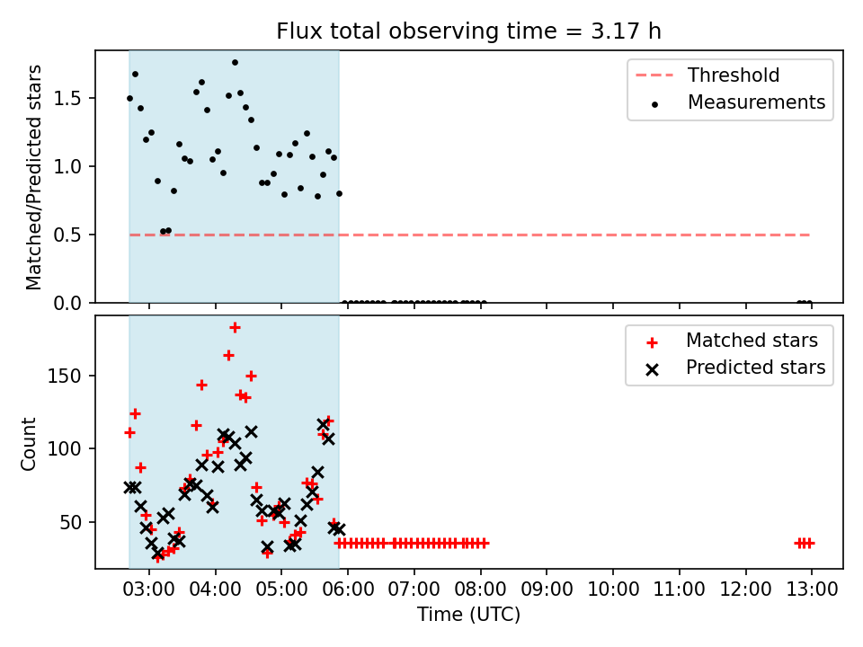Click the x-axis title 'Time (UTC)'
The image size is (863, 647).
click(x=468, y=614)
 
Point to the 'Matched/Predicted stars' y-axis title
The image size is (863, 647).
click(x=33, y=177)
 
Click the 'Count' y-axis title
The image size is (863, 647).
click(x=28, y=444)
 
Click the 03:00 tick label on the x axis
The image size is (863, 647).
click(x=148, y=589)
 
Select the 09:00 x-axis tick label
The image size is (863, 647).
click(x=547, y=589)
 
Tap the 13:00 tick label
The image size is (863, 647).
click(x=812, y=589)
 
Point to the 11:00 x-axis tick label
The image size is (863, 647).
click(x=680, y=589)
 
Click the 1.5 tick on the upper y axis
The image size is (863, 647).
click(x=67, y=99)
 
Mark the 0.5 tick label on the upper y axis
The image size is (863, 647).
click(x=67, y=235)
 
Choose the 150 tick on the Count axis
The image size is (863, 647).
click(x=65, y=377)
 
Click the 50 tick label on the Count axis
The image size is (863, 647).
click(x=70, y=522)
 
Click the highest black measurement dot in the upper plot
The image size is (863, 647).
click(x=235, y=63)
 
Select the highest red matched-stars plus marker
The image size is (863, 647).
click(x=235, y=328)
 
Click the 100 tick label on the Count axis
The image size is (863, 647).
click(x=65, y=449)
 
